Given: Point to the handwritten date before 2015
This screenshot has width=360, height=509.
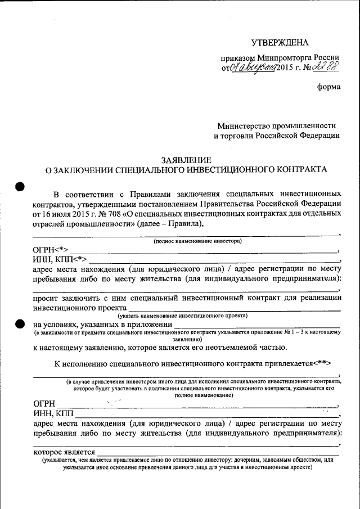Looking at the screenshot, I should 251,67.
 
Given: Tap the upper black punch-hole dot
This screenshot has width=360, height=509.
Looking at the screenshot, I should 20,187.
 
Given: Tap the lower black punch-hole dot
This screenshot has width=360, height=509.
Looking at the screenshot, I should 20,323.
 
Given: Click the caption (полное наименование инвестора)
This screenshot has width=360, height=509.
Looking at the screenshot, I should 197,241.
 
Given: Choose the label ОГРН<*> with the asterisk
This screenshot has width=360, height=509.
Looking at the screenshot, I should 51,250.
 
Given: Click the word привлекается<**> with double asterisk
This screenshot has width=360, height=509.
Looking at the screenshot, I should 306,364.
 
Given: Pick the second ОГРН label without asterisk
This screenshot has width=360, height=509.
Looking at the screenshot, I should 45,403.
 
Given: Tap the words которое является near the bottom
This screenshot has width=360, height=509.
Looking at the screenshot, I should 64,452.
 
